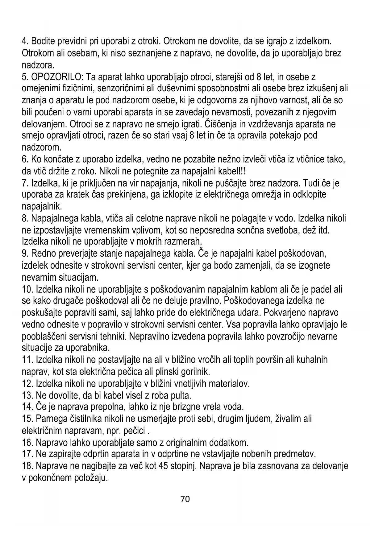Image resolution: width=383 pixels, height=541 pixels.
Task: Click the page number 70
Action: [x=185, y=499]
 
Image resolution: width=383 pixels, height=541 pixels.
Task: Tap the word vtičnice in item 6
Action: [x=315, y=159]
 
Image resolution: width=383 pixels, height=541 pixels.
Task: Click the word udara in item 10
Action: [x=250, y=312]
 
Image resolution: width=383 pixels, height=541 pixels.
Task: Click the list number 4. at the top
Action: [x=25, y=41]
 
